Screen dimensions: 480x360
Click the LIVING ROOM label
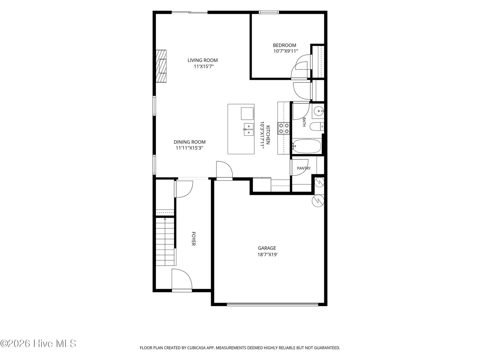tap(202, 60)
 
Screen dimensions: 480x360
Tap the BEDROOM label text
tap(285, 45)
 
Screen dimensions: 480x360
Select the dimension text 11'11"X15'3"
tap(189, 148)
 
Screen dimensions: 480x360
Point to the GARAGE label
tap(267, 248)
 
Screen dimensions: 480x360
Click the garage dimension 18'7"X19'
tap(267, 254)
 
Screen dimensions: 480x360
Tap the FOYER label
tap(194, 239)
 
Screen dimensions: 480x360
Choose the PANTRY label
tap(304, 168)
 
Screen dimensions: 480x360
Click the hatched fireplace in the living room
tap(161, 66)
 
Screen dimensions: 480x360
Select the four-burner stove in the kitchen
tap(284, 129)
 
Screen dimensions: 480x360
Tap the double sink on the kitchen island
tap(249, 129)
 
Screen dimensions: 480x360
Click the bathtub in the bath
tap(307, 146)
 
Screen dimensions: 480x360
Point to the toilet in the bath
tap(317, 127)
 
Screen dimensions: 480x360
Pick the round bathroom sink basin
tap(319, 111)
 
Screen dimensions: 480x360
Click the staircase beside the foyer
tap(165, 242)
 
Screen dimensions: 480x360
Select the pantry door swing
tap(299, 167)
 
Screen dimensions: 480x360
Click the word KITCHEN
tap(268, 135)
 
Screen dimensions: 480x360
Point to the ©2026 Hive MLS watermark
tap(38, 344)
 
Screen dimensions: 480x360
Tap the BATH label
tap(304, 122)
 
